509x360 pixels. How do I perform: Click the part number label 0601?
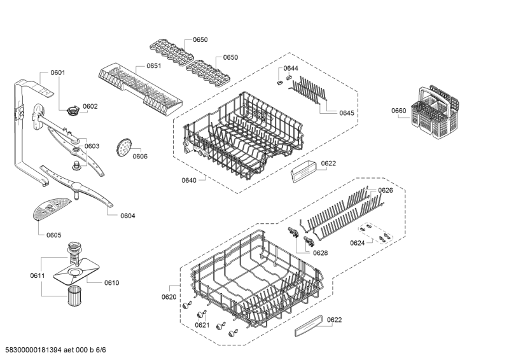pos(58,73)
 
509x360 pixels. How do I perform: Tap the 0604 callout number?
pos(128,216)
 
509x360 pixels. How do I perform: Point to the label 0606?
pos(140,156)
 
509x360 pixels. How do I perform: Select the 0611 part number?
pos(38,275)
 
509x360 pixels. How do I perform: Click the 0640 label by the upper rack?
pos(189,180)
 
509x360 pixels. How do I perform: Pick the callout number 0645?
pos(347,113)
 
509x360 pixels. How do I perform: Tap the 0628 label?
pos(321,253)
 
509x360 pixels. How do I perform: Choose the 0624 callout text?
pos(358,243)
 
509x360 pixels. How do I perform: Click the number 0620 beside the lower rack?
pos(169,296)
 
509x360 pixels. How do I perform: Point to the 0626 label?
pos(386,190)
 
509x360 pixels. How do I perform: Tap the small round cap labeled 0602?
pos(73,111)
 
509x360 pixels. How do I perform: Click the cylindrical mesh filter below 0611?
pos(76,295)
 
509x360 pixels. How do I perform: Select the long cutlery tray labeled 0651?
pos(140,88)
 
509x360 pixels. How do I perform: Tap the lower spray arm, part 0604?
pos(76,186)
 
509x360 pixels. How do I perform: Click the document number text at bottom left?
pos(55,350)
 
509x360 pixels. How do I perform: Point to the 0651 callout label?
pos(153,66)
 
